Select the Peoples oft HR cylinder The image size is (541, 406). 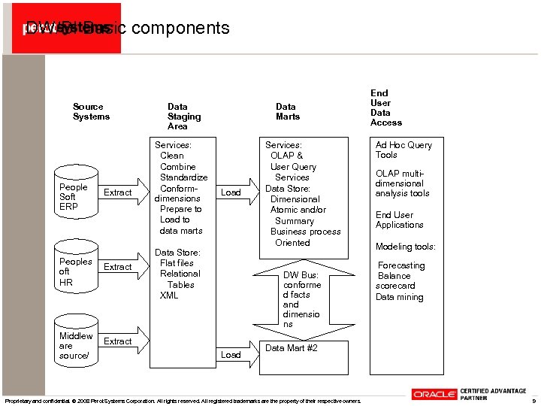click(x=75, y=271)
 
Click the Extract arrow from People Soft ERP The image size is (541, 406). click(x=118, y=192)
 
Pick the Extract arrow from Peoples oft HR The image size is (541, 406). click(x=118, y=267)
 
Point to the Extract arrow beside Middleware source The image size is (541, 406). click(x=118, y=341)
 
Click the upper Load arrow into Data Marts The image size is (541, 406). click(x=232, y=192)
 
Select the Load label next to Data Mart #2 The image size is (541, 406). click(x=231, y=354)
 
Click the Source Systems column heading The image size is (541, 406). click(x=91, y=112)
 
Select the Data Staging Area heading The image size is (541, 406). click(x=183, y=117)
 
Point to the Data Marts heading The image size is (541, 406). click(x=287, y=112)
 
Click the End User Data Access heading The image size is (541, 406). click(x=385, y=108)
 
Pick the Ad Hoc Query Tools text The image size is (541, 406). click(x=403, y=150)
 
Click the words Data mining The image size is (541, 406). click(x=399, y=297)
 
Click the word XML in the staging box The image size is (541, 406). click(x=169, y=295)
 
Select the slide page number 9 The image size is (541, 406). click(x=533, y=401)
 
